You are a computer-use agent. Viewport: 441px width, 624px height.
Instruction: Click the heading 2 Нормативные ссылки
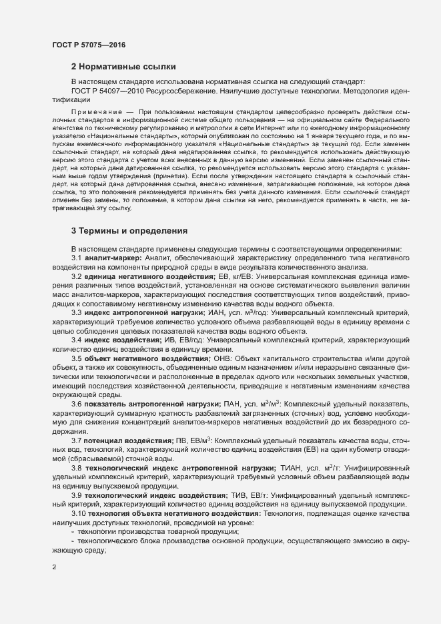[x=123, y=67]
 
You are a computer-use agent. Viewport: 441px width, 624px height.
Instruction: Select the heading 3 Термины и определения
[x=129, y=230]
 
